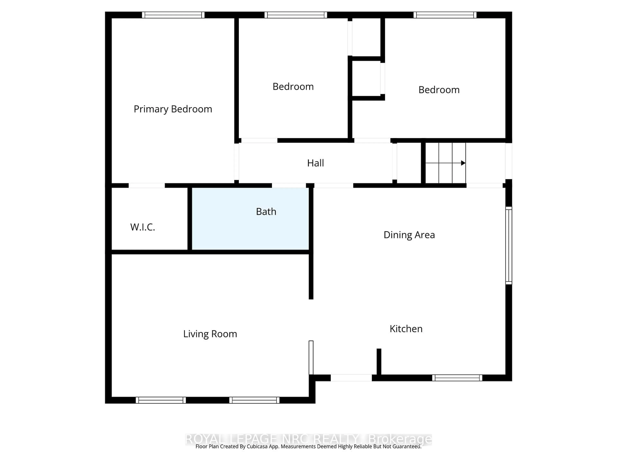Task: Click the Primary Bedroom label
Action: tap(173, 109)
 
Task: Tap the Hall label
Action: tap(315, 163)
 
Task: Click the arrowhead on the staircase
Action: tap(463, 163)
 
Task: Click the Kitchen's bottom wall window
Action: tap(457, 378)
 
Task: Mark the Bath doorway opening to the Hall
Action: tap(289, 185)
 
